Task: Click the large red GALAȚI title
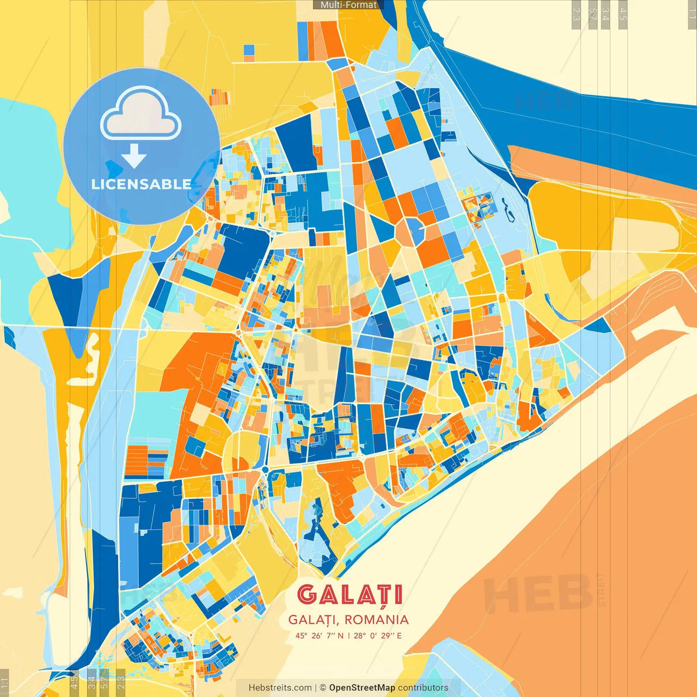pyautogui.click(x=350, y=595)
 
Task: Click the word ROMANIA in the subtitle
pyautogui.click(x=376, y=620)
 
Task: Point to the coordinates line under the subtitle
pyautogui.click(x=348, y=635)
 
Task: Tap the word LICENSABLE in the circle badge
pyautogui.click(x=142, y=184)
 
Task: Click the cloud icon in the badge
pyautogui.click(x=141, y=115)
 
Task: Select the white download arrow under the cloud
pyautogui.click(x=134, y=157)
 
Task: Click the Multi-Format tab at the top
pyautogui.click(x=348, y=5)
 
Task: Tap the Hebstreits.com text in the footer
pyautogui.click(x=280, y=688)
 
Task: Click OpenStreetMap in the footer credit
pyautogui.click(x=362, y=688)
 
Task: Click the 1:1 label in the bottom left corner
pyautogui.click(x=4, y=683)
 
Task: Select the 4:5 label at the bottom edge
pyautogui.click(x=74, y=683)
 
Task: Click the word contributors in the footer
pyautogui.click(x=423, y=688)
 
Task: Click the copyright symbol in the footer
pyautogui.click(x=322, y=688)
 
